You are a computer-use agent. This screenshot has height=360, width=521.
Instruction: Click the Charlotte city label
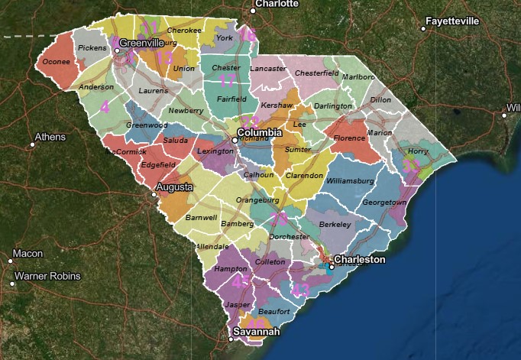pyautogui.click(x=276, y=4)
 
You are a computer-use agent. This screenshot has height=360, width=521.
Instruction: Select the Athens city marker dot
pyautogui.click(x=32, y=144)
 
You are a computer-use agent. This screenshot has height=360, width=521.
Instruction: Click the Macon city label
pyautogui.click(x=27, y=254)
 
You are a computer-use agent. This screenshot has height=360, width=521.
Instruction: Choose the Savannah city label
pyautogui.click(x=256, y=332)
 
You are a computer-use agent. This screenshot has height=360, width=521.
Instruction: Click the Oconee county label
pyautogui.click(x=56, y=61)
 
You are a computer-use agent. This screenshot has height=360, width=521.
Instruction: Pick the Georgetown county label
pyautogui.click(x=383, y=203)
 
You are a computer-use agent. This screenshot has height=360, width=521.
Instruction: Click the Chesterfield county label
pyautogui.click(x=316, y=73)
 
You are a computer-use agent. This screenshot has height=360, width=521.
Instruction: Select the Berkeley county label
pyautogui.click(x=334, y=224)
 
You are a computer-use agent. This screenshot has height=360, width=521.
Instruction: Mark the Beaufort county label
pyautogui.click(x=274, y=312)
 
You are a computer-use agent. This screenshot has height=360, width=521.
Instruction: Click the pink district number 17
pyautogui.click(x=227, y=81)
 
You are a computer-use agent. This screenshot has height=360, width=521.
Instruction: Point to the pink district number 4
pyautogui.click(x=105, y=107)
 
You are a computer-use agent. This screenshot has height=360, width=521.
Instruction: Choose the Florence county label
pyautogui.click(x=348, y=138)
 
